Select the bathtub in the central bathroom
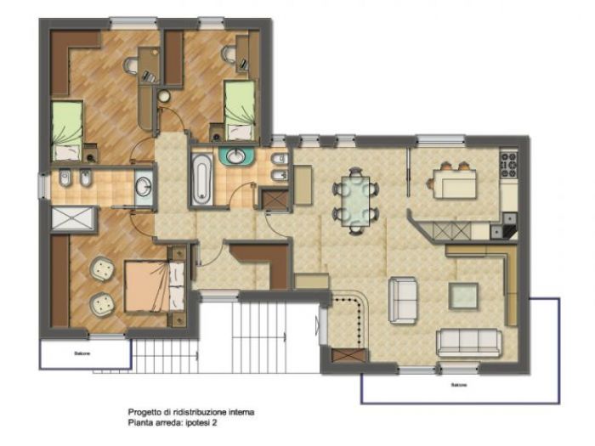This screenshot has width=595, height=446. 201,178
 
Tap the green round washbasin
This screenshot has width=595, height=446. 232,156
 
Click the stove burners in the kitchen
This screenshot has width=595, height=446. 509,163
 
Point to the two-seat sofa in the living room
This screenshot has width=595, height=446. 402,299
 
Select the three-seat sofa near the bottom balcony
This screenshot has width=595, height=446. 468,342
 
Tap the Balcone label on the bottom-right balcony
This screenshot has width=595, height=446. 459,384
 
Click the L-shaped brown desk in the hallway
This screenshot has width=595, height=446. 265,260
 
